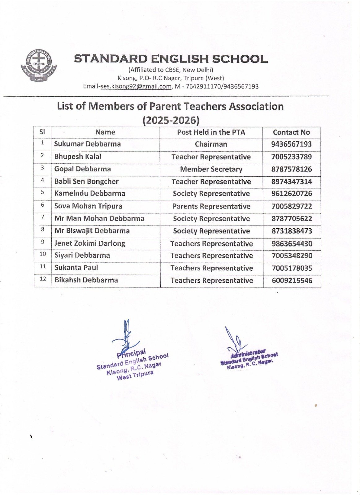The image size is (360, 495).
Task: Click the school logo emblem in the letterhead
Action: tap(39, 65)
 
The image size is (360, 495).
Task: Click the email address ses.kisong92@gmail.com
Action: tap(136, 87)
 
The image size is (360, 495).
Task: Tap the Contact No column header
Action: tap(291, 132)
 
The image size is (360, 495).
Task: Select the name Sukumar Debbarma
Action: tap(87, 144)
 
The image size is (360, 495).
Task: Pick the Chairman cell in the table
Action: tap(211, 144)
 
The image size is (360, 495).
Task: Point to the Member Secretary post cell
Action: tap(211, 169)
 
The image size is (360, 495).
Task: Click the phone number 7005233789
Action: tap(291, 157)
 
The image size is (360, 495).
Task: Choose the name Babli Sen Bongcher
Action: tap(86, 182)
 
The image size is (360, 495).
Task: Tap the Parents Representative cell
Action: tap(211, 206)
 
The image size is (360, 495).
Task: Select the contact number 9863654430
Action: tap(292, 244)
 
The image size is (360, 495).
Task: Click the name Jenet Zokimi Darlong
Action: tap(90, 243)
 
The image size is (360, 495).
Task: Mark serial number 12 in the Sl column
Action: tap(43, 279)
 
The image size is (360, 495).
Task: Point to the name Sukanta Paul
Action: tap(76, 268)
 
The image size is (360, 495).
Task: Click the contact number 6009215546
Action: tap(292, 281)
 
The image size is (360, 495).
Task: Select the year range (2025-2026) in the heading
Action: tap(171, 120)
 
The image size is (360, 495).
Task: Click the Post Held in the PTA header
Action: tap(211, 132)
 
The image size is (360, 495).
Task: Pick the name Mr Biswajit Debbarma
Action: tap(92, 231)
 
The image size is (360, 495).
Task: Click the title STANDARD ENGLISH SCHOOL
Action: tap(171, 59)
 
